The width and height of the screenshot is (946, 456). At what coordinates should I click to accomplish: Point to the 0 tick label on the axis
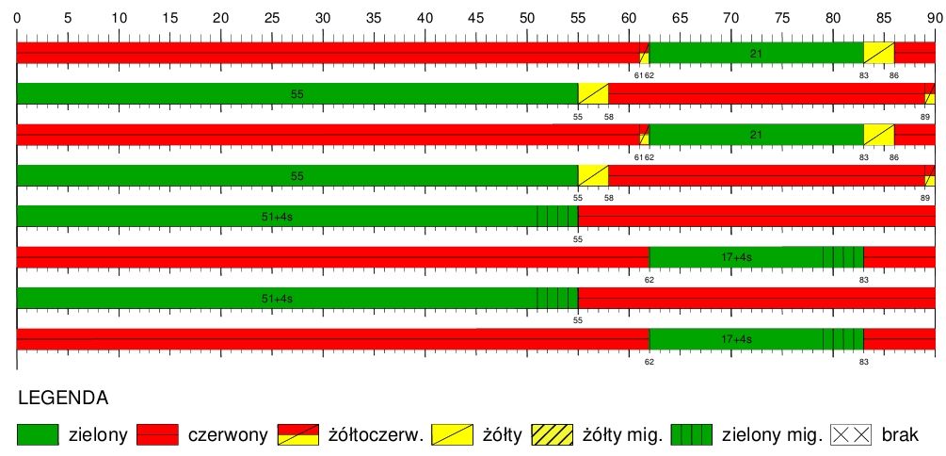[17, 17]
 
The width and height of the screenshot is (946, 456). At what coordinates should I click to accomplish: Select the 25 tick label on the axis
[271, 17]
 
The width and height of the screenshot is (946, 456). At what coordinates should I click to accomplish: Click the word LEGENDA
[62, 398]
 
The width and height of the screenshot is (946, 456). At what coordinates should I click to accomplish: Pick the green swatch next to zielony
[38, 434]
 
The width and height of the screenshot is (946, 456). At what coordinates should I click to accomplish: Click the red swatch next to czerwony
[157, 434]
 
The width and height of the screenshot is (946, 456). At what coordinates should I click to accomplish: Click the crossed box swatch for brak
[853, 434]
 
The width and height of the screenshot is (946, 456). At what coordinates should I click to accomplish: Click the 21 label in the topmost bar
[756, 54]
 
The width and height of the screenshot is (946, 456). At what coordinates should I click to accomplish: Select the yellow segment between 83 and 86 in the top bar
[879, 54]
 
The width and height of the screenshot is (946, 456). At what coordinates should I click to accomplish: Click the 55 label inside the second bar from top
[297, 94]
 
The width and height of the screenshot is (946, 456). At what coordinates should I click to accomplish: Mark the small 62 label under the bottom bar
[649, 361]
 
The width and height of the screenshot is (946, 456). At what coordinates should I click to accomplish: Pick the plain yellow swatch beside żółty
[453, 434]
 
